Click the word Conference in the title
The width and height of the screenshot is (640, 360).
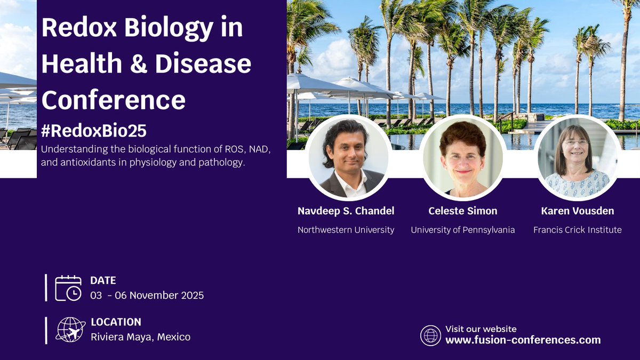point(114,99)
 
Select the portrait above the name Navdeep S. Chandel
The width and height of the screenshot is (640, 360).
point(347,158)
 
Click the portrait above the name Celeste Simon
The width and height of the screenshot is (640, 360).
point(463,158)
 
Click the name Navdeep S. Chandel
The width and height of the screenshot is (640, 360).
point(346,211)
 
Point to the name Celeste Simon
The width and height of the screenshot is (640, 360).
point(463,211)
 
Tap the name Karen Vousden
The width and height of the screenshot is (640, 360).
point(578,211)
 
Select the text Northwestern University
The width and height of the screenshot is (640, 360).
point(346,230)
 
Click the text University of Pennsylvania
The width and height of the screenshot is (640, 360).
point(463,230)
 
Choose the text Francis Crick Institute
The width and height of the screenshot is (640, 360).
point(578,230)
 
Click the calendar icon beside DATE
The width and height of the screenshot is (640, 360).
point(68,287)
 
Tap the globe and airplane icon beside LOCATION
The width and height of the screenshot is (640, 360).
point(70,330)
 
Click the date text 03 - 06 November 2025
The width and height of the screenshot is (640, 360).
point(147,295)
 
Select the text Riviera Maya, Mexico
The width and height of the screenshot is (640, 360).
point(141,337)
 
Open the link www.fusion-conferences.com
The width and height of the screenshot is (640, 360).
point(523,340)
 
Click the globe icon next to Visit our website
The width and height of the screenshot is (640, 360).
point(430,335)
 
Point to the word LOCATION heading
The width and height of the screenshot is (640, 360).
point(116,322)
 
